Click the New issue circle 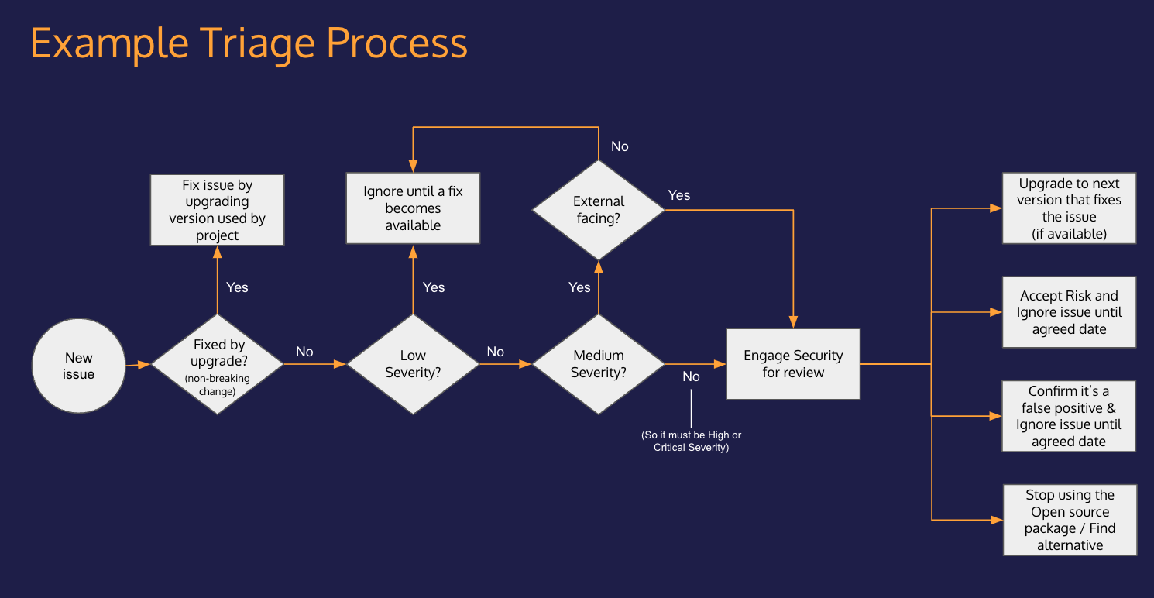(78, 365)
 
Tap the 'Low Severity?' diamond (413, 364)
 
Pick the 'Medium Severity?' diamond (598, 364)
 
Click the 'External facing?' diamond (598, 210)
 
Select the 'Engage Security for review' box (792, 364)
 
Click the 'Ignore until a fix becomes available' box (413, 208)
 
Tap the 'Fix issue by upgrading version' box (217, 210)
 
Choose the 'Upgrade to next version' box (1069, 208)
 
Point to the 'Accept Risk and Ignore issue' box (1069, 312)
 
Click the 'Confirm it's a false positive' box (1069, 416)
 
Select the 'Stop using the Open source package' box (1070, 520)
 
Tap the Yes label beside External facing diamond (678, 195)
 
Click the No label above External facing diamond (620, 146)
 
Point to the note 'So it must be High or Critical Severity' (691, 442)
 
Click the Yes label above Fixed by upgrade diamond (237, 287)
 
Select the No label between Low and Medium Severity (496, 352)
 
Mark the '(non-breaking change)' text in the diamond (217, 385)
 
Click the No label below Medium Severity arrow (691, 376)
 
